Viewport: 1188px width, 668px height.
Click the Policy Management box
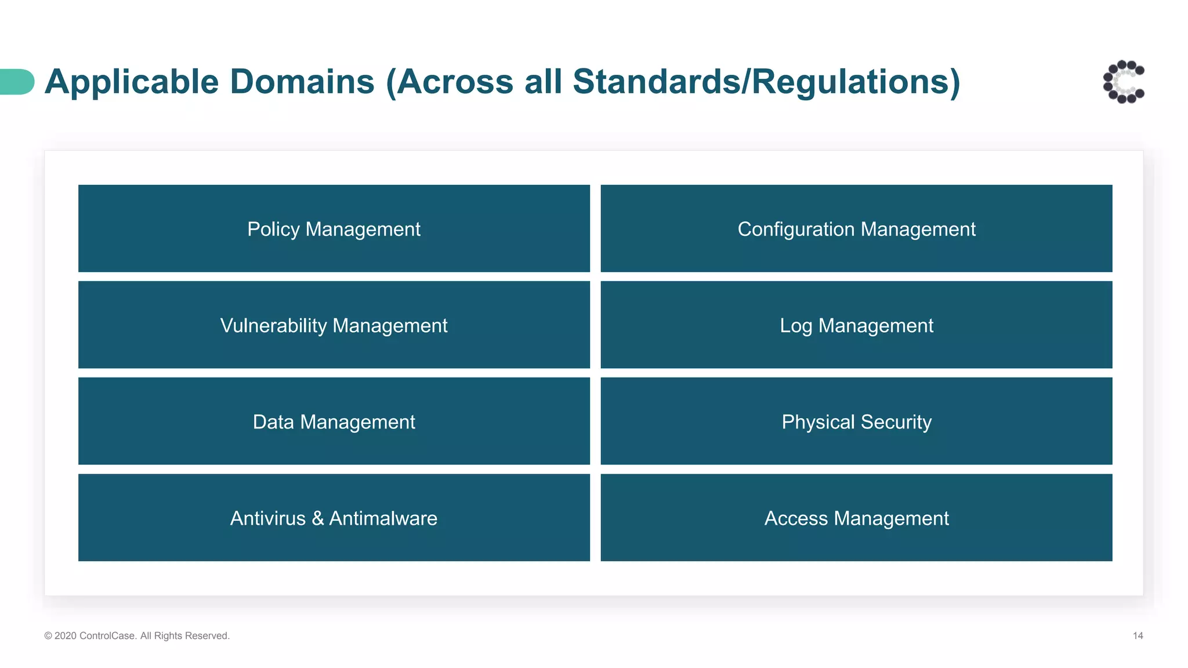pos(334,228)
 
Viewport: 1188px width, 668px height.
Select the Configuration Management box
pos(856,228)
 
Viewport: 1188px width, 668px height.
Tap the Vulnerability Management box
pos(334,325)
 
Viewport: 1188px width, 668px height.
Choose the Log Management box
pos(856,325)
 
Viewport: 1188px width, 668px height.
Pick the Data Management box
pos(334,421)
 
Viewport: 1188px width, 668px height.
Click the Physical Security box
pos(856,421)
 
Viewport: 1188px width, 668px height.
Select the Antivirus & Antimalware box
pos(334,517)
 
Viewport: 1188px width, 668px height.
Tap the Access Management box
pos(856,517)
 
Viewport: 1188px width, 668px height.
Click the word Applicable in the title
pos(132,82)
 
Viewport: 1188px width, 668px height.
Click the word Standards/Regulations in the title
pos(766,82)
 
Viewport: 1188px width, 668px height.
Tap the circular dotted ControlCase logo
pos(1124,82)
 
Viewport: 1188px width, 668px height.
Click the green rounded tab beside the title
pos(16,82)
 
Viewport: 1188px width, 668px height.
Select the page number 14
pos(1138,636)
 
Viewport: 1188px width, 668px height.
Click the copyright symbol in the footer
pos(48,636)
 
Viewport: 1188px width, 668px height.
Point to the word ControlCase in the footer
pos(108,636)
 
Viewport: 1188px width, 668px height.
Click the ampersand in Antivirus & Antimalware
pos(317,518)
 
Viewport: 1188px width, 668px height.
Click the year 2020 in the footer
pos(66,636)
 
